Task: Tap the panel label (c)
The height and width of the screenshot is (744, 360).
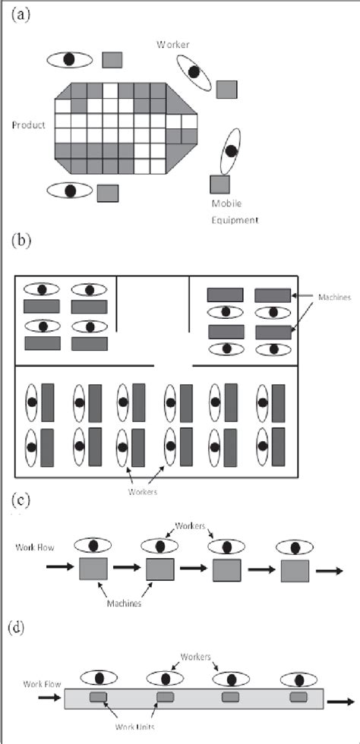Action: (x=22, y=502)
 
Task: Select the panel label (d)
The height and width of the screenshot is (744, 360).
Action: (x=22, y=629)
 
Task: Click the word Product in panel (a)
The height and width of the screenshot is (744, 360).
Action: (x=28, y=125)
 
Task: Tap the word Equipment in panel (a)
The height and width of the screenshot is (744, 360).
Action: (x=235, y=220)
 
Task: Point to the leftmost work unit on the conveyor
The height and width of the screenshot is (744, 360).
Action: (x=99, y=698)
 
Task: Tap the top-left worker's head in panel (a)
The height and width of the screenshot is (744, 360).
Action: (x=69, y=58)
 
